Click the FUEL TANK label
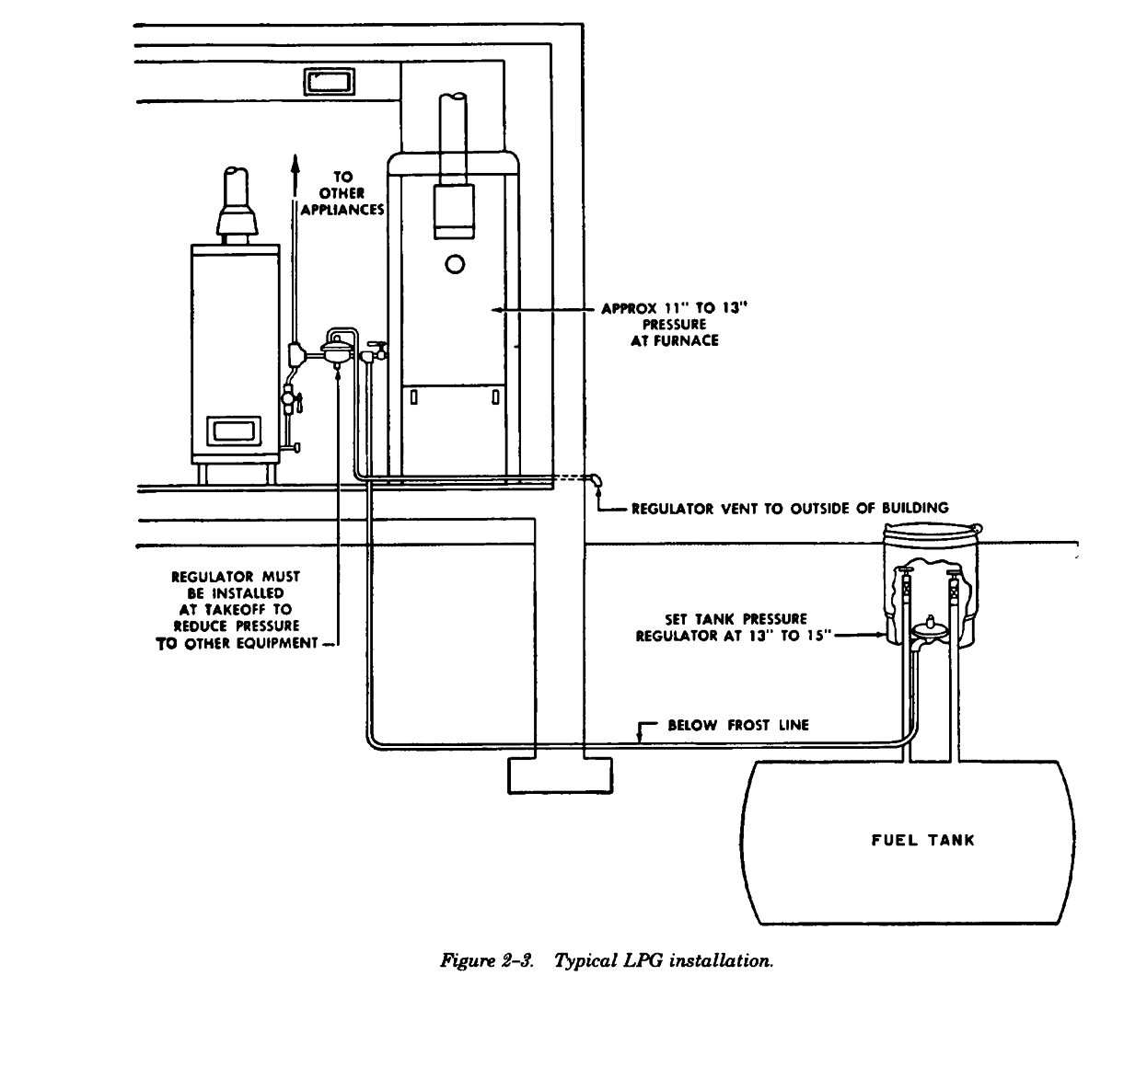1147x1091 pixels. pos(922,840)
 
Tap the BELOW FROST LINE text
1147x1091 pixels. pos(737,725)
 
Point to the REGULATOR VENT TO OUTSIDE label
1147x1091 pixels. pos(790,508)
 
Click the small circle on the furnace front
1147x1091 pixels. pos(455,265)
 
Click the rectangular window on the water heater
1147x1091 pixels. pos(234,430)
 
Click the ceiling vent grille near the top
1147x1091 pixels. pos(330,82)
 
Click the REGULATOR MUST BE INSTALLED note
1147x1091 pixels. pos(238,609)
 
